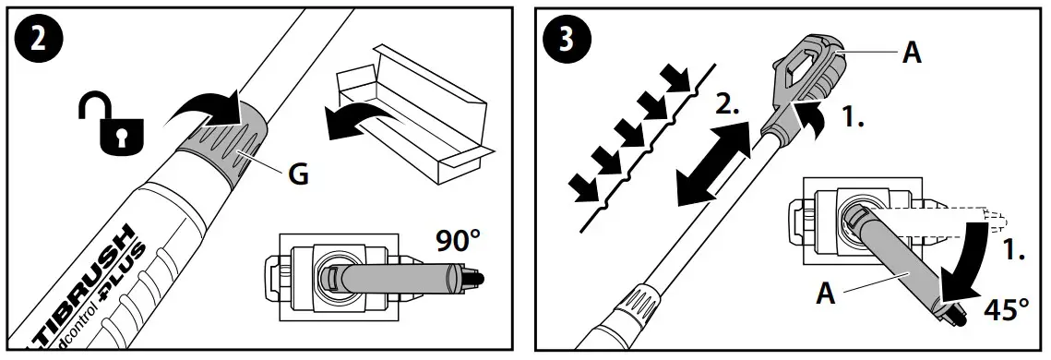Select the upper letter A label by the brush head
click(911, 54)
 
